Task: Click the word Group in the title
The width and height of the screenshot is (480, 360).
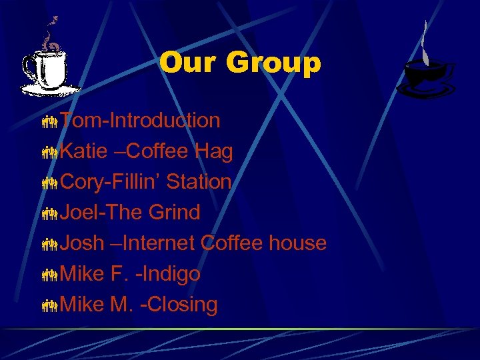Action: click(x=273, y=64)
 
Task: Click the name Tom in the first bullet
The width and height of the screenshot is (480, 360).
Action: click(x=79, y=121)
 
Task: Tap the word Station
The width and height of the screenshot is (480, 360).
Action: click(x=199, y=182)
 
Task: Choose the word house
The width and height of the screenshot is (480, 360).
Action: click(x=297, y=243)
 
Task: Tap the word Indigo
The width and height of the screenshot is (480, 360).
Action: click(x=171, y=275)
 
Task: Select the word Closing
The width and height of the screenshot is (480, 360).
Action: click(x=182, y=305)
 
